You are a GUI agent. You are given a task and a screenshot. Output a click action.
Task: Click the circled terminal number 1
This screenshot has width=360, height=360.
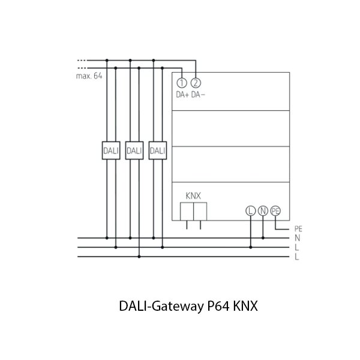[183, 83]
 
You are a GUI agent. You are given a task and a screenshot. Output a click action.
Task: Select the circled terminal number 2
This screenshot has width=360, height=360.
[195, 83]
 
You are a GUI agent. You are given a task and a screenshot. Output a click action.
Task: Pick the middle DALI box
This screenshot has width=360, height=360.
[133, 151]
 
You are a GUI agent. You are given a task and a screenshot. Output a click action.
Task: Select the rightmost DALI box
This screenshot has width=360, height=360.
[157, 151]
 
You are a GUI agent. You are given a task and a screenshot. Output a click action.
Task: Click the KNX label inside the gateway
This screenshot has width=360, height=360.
[193, 196]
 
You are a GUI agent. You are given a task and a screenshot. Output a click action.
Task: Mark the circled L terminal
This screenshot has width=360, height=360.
[250, 210]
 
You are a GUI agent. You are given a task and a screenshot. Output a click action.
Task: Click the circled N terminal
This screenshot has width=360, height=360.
[263, 210]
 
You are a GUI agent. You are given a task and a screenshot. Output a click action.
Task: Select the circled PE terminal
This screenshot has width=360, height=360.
[275, 210]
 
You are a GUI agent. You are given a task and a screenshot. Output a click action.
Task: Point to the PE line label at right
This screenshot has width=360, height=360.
[299, 229]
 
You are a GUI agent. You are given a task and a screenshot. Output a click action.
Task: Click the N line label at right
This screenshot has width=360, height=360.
[298, 238]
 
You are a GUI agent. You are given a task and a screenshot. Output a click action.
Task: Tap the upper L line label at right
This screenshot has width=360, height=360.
[297, 247]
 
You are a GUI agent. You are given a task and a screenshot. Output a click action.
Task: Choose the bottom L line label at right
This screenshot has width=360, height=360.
[297, 256]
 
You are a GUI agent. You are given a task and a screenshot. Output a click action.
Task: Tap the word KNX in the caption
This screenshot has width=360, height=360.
[245, 306]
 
